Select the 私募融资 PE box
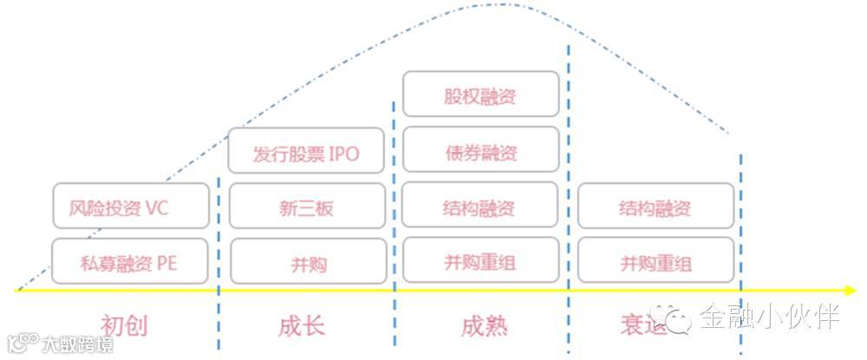coord(131,261)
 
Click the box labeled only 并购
coord(307,262)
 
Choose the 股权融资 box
coord(480,95)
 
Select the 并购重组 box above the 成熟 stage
coord(480,262)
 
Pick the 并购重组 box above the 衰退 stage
coord(655,262)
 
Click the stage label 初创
coord(127,325)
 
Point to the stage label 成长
coord(302,326)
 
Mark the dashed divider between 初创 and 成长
coord(218,260)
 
